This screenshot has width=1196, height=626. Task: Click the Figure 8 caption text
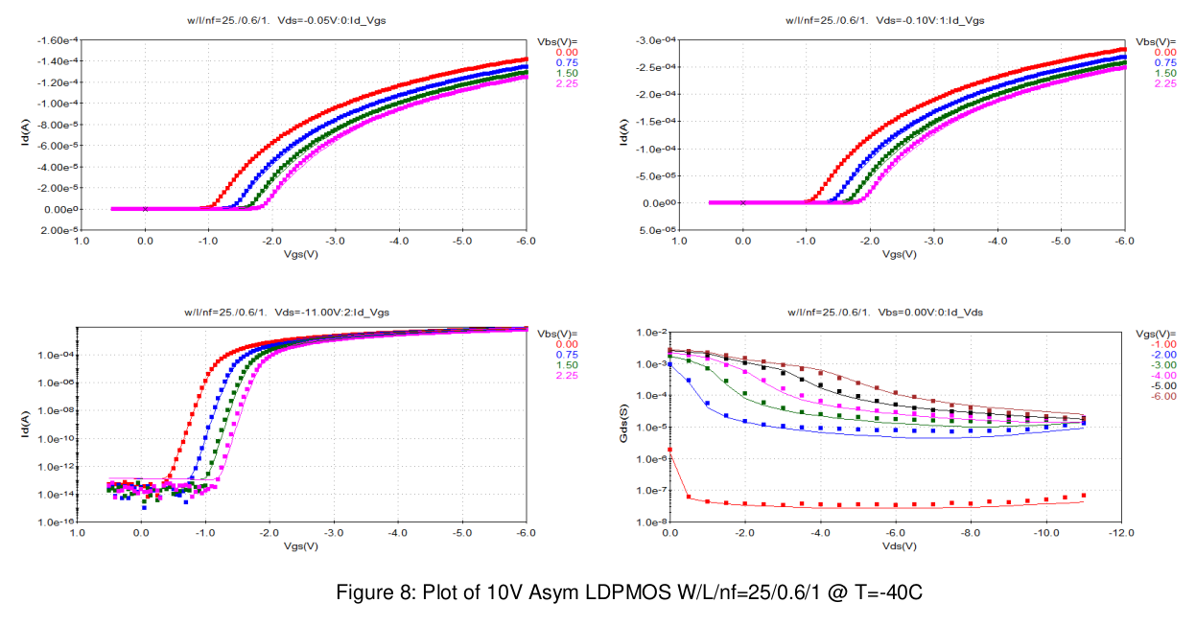pos(628,592)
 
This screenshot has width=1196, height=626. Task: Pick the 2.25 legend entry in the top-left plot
pos(566,84)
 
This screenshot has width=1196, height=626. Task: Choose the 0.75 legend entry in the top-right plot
pos(1164,62)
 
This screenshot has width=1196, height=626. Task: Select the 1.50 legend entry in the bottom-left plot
pos(566,365)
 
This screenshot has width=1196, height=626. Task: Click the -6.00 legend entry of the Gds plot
pos(1164,397)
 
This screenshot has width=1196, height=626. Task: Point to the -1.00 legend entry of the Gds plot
pos(1164,344)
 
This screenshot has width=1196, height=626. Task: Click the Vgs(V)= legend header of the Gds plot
pos(1158,334)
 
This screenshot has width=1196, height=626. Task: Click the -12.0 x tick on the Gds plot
pos(1120,532)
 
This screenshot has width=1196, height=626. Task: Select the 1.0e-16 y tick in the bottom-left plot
pos(57,522)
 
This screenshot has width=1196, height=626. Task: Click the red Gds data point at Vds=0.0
pos(669,450)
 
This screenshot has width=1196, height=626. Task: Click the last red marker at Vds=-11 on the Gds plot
pos(1083,496)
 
